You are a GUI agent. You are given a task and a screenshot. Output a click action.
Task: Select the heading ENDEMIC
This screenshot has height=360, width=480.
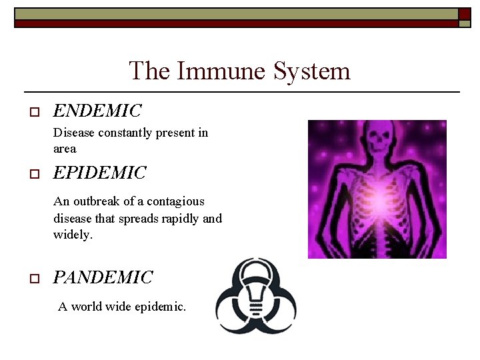coord(97,110)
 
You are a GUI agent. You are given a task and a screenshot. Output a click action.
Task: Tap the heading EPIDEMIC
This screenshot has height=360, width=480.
coord(99,173)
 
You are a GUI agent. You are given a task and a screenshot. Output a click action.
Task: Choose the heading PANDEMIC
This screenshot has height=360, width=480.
coord(103,277)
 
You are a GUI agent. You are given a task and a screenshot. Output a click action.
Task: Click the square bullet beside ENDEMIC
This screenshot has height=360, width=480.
coord(34,111)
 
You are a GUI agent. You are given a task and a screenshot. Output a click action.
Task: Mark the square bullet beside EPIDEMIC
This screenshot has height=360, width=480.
coord(34,175)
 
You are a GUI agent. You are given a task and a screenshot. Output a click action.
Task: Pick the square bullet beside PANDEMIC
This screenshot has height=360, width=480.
coord(34,279)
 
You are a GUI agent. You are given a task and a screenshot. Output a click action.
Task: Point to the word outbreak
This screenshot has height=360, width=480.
coord(99,201)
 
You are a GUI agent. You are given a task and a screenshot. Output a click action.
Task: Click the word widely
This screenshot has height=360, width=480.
coord(73,235)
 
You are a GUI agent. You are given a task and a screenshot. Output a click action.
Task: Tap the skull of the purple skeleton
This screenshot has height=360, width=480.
coord(383,141)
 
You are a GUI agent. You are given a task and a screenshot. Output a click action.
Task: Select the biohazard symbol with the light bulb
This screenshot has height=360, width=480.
coord(256,297)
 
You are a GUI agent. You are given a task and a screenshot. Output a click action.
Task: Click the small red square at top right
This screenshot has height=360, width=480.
coord(465,14)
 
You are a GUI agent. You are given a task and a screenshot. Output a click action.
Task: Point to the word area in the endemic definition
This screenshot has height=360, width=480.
coord(65,149)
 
